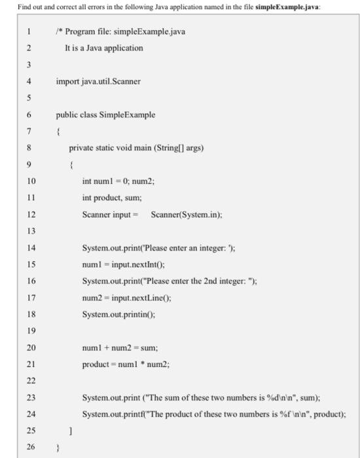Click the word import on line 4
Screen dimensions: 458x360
pyautogui.click(x=67, y=82)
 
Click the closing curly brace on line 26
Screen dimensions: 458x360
pyautogui.click(x=58, y=448)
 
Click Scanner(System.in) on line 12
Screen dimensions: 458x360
pyautogui.click(x=186, y=215)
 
